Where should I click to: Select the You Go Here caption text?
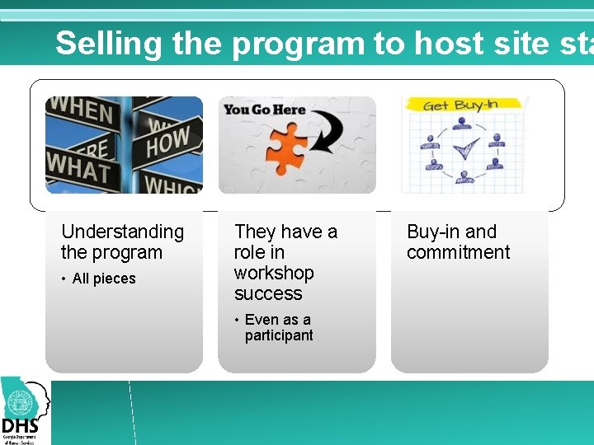[264, 110]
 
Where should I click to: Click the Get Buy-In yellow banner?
[460, 105]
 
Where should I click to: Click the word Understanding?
[122, 232]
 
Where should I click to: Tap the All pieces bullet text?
[104, 279]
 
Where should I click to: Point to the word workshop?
[274, 273]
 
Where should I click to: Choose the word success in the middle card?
[268, 293]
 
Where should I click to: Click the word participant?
[279, 335]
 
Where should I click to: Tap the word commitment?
[458, 253]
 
